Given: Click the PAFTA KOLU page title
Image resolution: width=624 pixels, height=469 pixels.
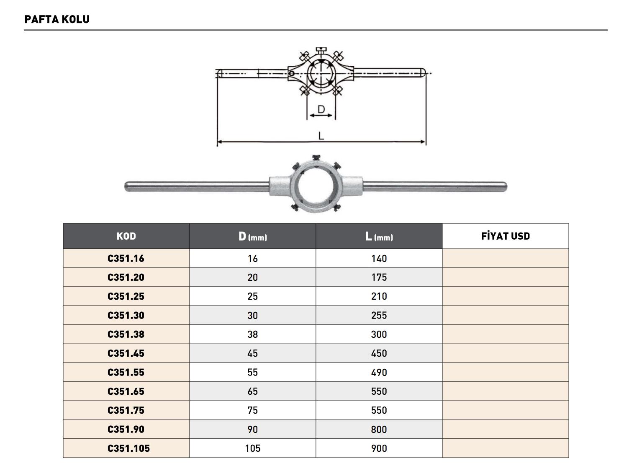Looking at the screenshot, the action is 57,19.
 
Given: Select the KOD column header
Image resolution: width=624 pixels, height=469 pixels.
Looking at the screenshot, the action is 126,236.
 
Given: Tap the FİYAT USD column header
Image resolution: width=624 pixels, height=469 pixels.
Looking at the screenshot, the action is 505,236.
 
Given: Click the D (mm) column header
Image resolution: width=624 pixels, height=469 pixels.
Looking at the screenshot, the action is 252,236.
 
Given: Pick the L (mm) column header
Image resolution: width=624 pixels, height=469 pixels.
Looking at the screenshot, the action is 379,236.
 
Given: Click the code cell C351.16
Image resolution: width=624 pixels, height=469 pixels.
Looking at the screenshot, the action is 126,259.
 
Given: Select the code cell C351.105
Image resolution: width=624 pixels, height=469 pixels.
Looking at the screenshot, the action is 128,448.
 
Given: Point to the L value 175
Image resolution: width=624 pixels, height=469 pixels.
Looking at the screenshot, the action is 379,277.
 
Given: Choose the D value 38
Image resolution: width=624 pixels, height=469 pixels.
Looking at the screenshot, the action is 252,334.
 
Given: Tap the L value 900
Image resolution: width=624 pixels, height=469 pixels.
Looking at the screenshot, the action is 379,448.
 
